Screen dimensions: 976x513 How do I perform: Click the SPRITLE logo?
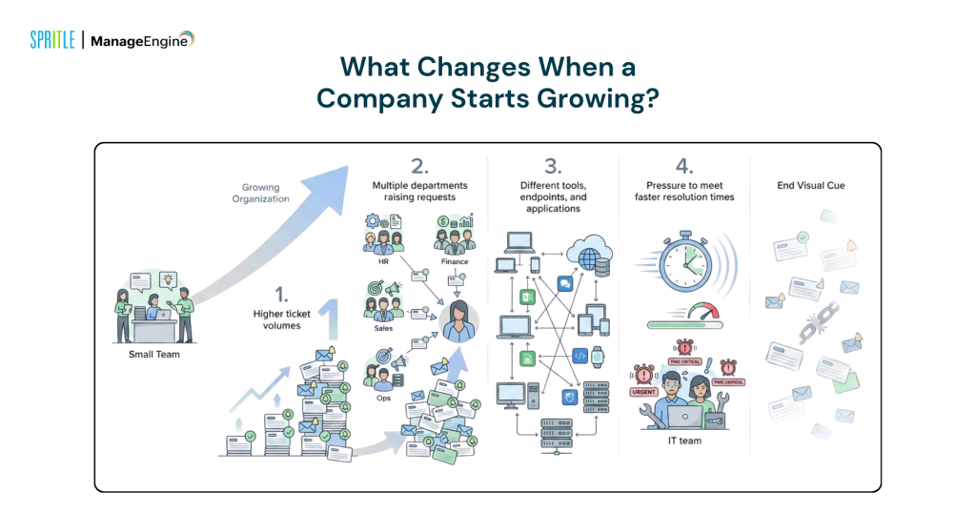tap(52, 40)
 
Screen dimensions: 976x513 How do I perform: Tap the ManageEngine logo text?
tap(143, 40)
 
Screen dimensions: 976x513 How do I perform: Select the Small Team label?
tap(154, 355)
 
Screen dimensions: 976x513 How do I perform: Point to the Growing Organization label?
tap(261, 193)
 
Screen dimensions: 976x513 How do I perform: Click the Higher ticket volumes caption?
tap(281, 319)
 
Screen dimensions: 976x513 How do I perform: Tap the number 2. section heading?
tap(419, 166)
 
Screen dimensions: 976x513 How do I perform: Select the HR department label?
tap(383, 261)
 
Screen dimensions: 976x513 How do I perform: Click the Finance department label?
tap(455, 261)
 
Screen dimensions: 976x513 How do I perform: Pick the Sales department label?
tap(383, 328)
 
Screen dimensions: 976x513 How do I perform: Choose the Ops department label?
tap(383, 398)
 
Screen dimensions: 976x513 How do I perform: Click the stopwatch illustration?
tap(684, 262)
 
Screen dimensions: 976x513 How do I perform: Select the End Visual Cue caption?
tap(811, 186)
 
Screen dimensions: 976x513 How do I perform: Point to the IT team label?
tap(684, 441)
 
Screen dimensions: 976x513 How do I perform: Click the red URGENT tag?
tap(644, 392)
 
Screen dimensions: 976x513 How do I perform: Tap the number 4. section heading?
tap(684, 166)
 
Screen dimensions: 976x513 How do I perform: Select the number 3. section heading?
tap(553, 166)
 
